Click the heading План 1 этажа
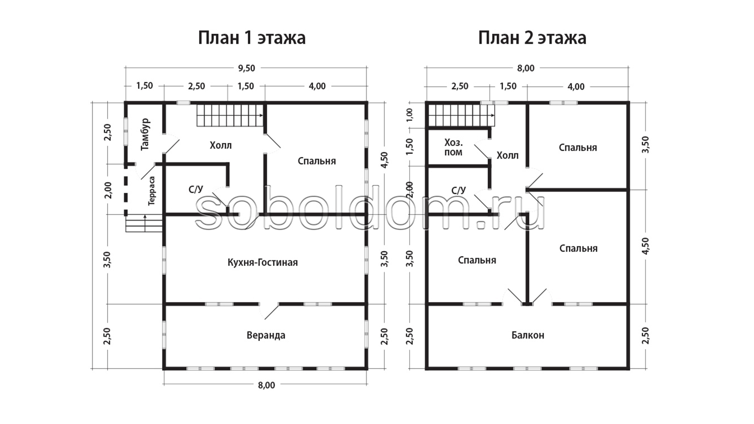[252, 38]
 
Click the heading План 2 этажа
[532, 38]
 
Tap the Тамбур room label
[145, 134]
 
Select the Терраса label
[152, 191]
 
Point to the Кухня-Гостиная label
[263, 262]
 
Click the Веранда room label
[266, 335]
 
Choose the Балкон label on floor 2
[528, 335]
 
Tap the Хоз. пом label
[454, 147]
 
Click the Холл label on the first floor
[221, 146]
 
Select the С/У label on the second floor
[459, 190]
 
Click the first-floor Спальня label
[317, 161]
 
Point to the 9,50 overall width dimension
[246, 68]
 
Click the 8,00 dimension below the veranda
[266, 385]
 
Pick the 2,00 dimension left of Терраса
[109, 190]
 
